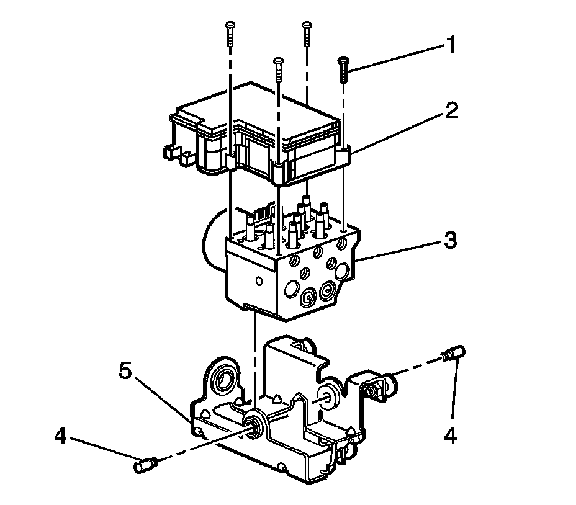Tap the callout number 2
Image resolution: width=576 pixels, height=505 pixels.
pyautogui.click(x=452, y=112)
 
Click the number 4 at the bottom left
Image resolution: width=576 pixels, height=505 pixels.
pyautogui.click(x=60, y=437)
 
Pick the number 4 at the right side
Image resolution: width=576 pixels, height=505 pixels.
pyautogui.click(x=451, y=436)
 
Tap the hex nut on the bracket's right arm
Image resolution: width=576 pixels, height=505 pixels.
pyautogui.click(x=375, y=390)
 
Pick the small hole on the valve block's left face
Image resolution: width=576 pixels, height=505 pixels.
pyautogui.click(x=256, y=280)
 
